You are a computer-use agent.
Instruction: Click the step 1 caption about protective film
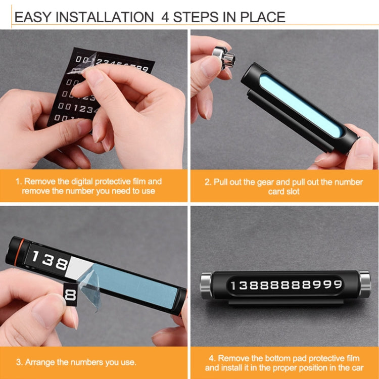(x=96, y=186)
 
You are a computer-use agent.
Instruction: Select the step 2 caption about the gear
(x=284, y=186)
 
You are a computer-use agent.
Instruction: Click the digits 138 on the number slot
(x=48, y=261)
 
